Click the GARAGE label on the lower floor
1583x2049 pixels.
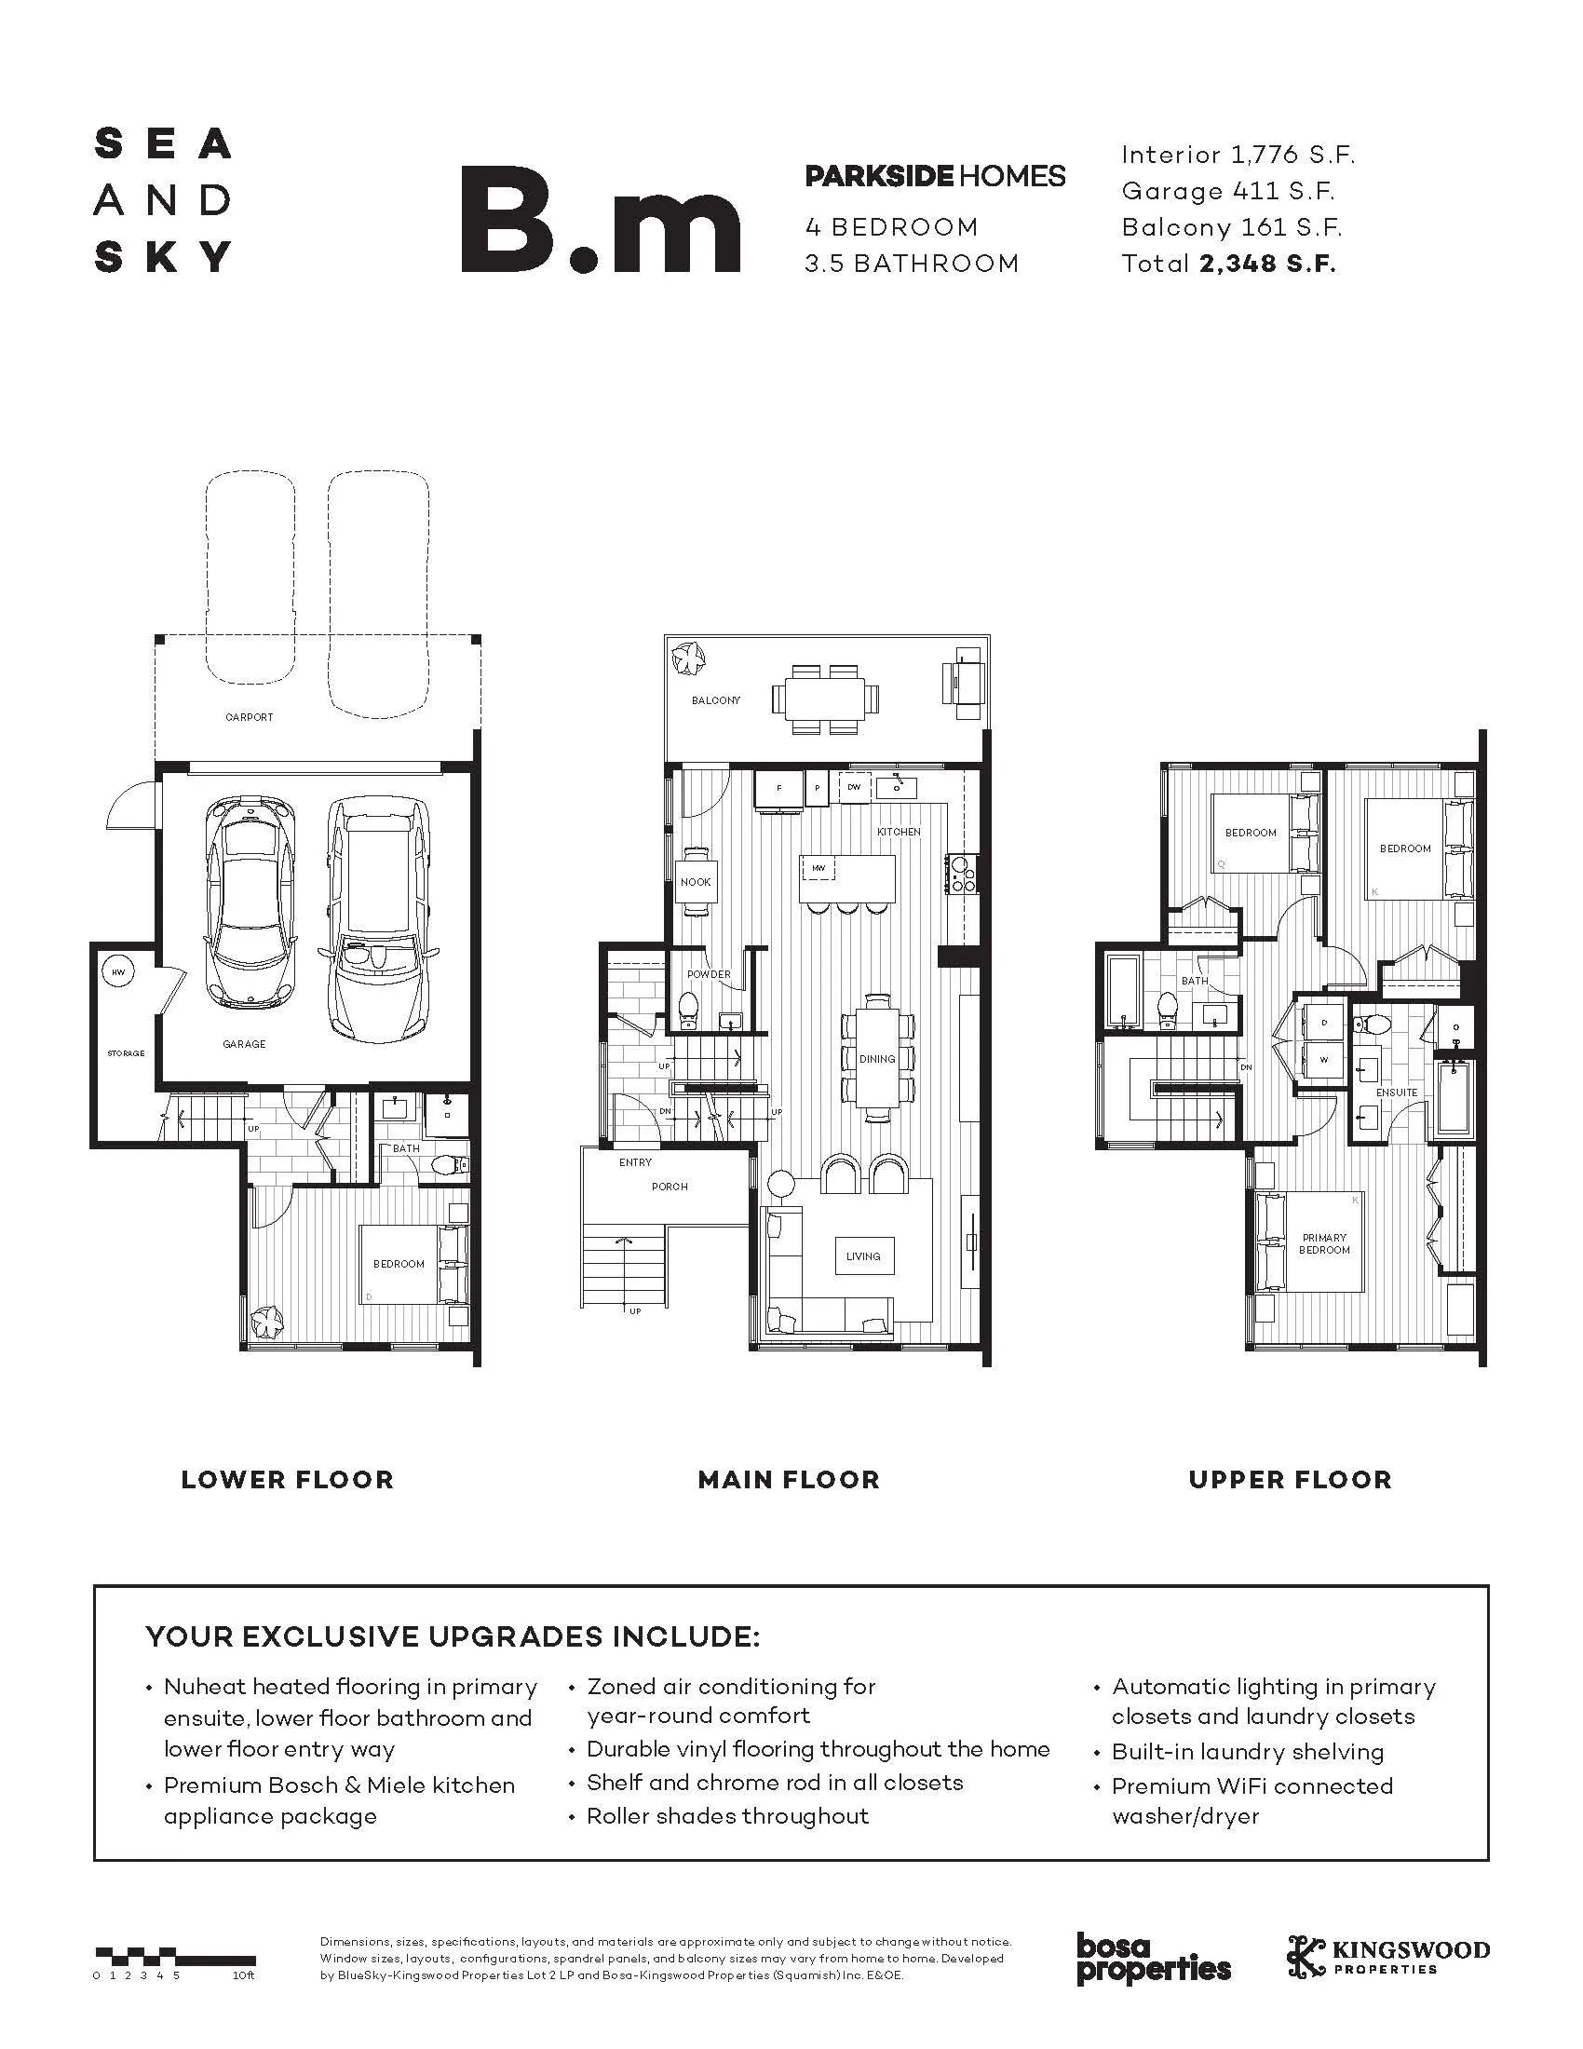pyautogui.click(x=244, y=1043)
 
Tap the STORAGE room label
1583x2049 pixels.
pyautogui.click(x=126, y=1052)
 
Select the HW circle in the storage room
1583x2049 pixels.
pyautogui.click(x=118, y=973)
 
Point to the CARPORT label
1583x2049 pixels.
pyautogui.click(x=250, y=717)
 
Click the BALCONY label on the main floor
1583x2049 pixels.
pyautogui.click(x=715, y=699)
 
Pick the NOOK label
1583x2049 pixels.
pyautogui.click(x=695, y=882)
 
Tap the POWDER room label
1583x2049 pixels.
pyautogui.click(x=709, y=974)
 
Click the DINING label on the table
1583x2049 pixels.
pyautogui.click(x=877, y=1058)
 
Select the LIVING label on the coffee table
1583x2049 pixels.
pyautogui.click(x=863, y=1256)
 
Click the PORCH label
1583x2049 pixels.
pyautogui.click(x=670, y=1187)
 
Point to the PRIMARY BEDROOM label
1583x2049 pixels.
pyautogui.click(x=1324, y=1244)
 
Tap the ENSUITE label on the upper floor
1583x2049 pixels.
pyautogui.click(x=1397, y=1092)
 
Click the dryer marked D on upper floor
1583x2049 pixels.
pyautogui.click(x=1324, y=1024)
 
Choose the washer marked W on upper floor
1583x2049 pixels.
pyautogui.click(x=1324, y=1059)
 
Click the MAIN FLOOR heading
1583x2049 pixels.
pyautogui.click(x=789, y=1480)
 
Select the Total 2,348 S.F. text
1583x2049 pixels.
pyautogui.click(x=1228, y=264)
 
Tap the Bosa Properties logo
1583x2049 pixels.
pyautogui.click(x=1153, y=1958)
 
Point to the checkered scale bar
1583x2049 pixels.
pyautogui.click(x=174, y=1957)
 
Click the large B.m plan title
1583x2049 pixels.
pyautogui.click(x=602, y=220)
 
